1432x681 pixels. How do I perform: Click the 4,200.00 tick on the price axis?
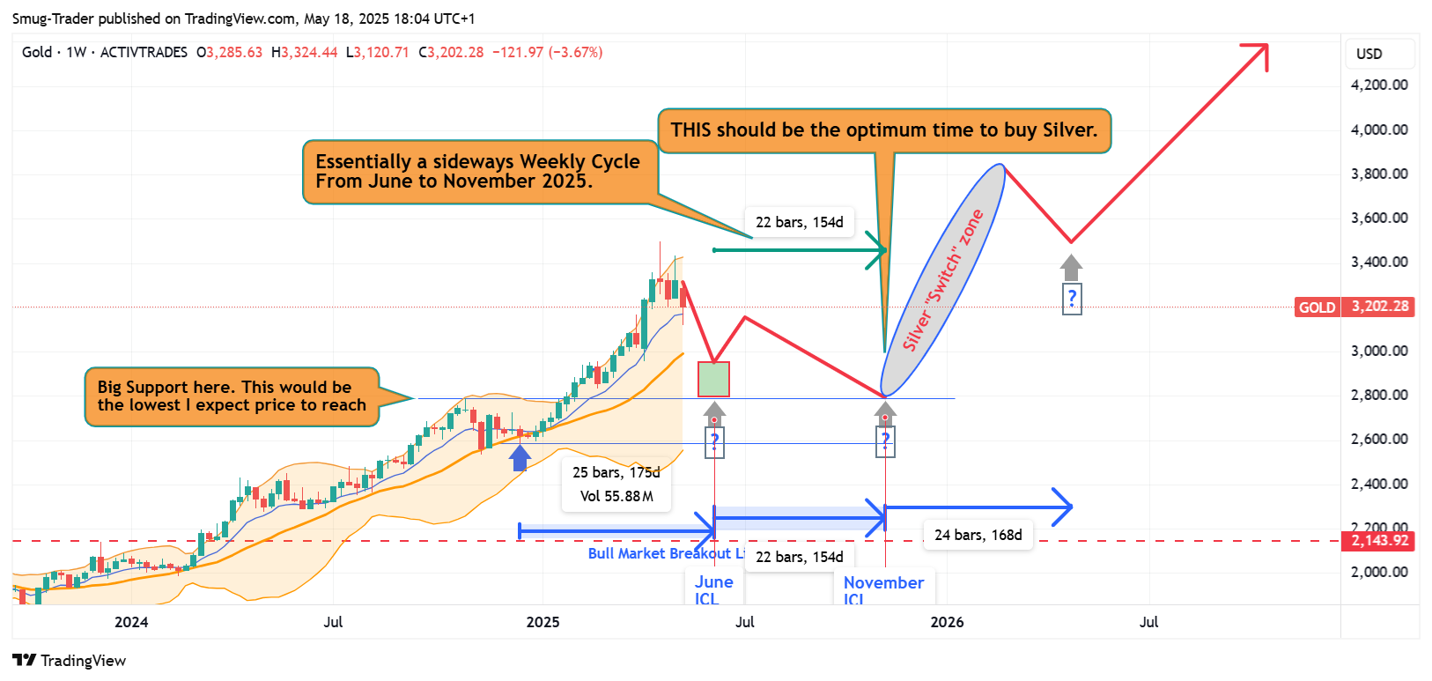click(x=1379, y=85)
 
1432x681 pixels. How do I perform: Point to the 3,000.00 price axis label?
click(x=1379, y=351)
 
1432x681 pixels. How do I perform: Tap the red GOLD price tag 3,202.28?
click(x=1380, y=307)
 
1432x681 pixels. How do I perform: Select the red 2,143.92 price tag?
click(x=1380, y=541)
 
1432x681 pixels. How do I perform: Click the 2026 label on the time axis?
click(x=947, y=622)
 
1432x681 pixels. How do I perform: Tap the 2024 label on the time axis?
click(x=131, y=622)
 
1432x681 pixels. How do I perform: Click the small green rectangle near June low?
click(x=713, y=379)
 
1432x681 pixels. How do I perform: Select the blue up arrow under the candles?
click(x=520, y=457)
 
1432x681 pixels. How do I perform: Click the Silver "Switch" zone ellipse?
click(x=943, y=280)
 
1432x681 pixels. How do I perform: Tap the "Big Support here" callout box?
click(x=232, y=396)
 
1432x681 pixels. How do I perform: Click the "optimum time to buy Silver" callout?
click(x=884, y=130)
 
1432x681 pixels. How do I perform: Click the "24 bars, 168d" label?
click(x=978, y=535)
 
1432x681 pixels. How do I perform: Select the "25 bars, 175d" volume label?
click(x=616, y=485)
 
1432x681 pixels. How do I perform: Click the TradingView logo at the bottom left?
click(x=70, y=661)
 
